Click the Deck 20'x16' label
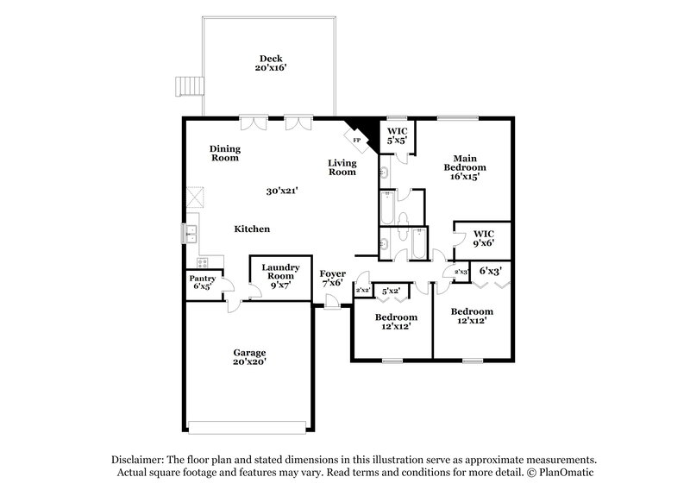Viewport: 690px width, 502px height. [266, 64]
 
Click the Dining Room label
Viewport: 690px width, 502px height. [224, 154]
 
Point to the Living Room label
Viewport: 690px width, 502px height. [342, 167]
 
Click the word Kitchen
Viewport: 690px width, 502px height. [253, 229]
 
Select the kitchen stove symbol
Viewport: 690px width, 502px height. [204, 262]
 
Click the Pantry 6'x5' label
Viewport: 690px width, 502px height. [202, 282]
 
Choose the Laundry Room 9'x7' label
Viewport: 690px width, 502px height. [280, 273]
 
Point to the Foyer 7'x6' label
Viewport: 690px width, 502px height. [333, 278]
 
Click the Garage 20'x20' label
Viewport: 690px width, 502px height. [248, 357]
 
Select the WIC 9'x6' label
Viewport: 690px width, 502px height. [483, 239]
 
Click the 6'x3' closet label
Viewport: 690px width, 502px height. [491, 271]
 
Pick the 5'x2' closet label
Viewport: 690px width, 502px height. [393, 291]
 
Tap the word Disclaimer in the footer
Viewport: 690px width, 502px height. [141, 460]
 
